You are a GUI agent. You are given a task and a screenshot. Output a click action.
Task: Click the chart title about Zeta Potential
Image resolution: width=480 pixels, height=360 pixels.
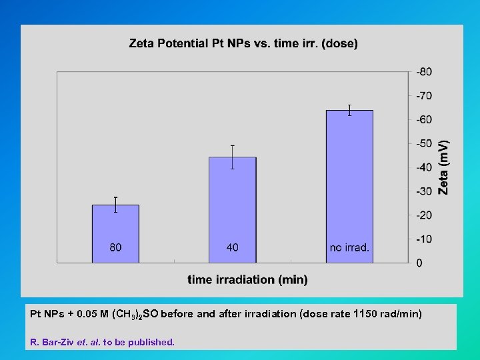coord(243,44)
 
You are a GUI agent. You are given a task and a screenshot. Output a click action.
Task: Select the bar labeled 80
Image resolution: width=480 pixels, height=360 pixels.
coord(115,227)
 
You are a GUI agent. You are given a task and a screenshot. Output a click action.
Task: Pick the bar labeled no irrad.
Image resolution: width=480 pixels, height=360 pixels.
coord(349,180)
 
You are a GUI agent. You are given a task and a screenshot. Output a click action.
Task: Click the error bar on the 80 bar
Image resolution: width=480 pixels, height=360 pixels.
coord(115,205)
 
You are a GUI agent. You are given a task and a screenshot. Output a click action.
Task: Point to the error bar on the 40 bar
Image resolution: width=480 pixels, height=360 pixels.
coord(232,157)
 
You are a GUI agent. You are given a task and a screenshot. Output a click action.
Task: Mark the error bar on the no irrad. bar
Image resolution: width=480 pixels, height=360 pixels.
coord(349,110)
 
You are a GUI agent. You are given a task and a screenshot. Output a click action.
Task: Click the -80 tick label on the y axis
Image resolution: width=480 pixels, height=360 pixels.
coord(424,72)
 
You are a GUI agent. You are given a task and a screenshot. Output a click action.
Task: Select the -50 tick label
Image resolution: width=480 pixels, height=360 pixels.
coord(424,143)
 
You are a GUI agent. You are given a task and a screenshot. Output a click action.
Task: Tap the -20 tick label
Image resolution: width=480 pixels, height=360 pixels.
coord(424,215)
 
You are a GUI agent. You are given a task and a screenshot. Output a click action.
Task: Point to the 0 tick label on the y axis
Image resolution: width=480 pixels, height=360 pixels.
coord(419,263)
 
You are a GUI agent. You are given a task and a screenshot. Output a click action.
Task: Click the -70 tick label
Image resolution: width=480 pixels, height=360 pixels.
coord(424,96)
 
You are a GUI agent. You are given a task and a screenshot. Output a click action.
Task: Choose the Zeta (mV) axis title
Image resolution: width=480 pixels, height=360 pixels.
coord(443,167)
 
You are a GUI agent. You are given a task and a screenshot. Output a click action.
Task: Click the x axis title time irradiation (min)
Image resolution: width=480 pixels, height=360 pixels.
coord(247,280)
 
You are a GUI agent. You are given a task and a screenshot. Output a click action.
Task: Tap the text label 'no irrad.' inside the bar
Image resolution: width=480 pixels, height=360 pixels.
coord(349,248)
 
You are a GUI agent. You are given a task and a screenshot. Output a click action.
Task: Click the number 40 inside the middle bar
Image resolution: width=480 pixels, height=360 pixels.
coord(232,248)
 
